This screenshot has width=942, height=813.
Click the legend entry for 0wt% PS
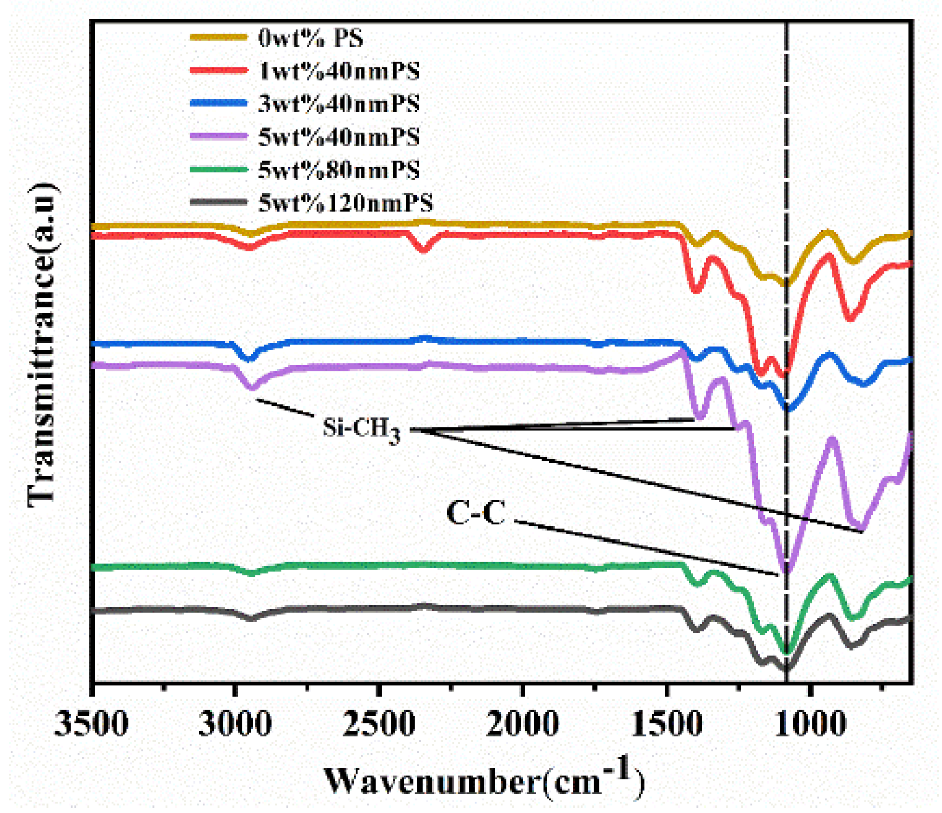click(x=310, y=38)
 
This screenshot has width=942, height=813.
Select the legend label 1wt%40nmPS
click(x=338, y=71)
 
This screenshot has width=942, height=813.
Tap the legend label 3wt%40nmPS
click(x=338, y=104)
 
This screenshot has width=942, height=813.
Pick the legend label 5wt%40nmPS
click(x=338, y=136)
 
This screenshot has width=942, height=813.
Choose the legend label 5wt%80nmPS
click(x=338, y=169)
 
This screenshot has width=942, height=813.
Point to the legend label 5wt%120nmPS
click(x=345, y=202)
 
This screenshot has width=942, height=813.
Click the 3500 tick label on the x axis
click(x=91, y=723)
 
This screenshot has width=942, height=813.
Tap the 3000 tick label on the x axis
click(x=235, y=723)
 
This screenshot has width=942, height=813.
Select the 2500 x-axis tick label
click(x=379, y=723)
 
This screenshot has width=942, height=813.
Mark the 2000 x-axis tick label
click(x=523, y=723)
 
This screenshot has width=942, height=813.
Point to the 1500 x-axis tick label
click(x=666, y=723)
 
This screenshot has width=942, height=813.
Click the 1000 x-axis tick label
click(x=810, y=723)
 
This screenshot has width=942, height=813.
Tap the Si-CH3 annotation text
click(x=361, y=429)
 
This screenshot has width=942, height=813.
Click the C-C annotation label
click(x=475, y=513)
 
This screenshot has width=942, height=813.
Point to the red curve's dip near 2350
click(x=423, y=250)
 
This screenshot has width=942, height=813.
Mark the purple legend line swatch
click(x=218, y=136)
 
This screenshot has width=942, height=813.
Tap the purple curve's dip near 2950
click(x=251, y=388)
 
